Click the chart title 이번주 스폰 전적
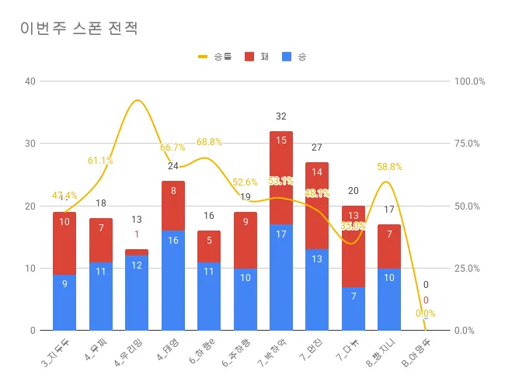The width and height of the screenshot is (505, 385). click(x=79, y=29)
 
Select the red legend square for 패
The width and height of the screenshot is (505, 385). click(x=249, y=57)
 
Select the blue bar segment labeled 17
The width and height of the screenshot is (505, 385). click(x=281, y=277)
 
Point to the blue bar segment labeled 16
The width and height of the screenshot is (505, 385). click(x=172, y=280)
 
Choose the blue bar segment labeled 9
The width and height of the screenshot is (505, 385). click(x=64, y=302)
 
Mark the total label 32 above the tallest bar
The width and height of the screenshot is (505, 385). click(x=281, y=116)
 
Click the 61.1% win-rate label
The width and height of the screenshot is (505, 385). click(x=100, y=161)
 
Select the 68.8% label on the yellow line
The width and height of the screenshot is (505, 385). click(x=209, y=142)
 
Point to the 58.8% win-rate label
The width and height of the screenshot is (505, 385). click(x=389, y=166)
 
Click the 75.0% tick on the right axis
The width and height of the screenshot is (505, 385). click(x=470, y=144)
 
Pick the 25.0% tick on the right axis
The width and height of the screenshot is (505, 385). click(x=470, y=268)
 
